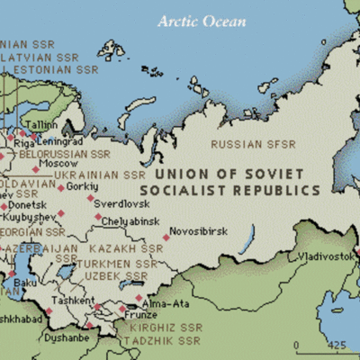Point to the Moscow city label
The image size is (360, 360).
59,164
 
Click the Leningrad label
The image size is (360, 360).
58,141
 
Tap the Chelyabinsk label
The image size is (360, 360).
136,220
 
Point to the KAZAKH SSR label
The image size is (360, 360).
125,248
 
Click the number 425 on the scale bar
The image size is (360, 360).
336,345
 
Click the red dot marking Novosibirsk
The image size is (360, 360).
166,238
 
